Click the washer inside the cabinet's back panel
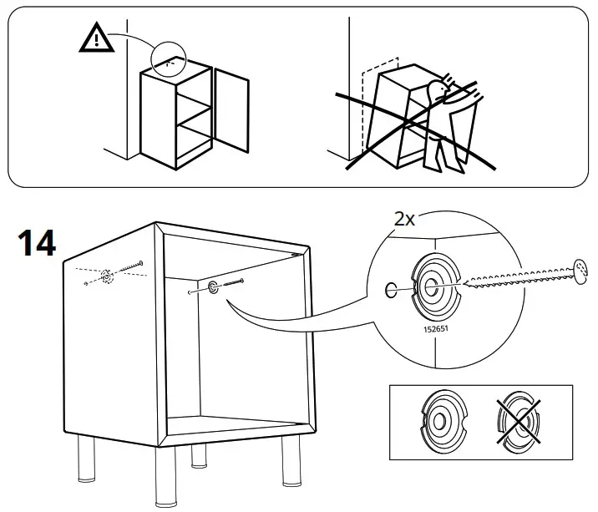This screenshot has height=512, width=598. click(x=213, y=288)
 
